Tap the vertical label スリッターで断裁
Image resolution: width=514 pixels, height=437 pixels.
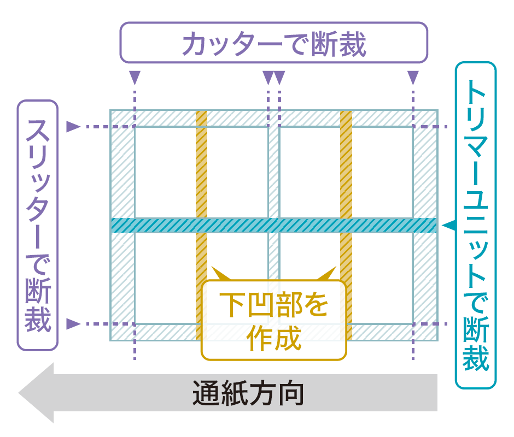[x=38, y=225]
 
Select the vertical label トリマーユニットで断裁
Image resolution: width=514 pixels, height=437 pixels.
[x=475, y=225]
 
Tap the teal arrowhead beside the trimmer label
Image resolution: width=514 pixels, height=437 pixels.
[x=449, y=225]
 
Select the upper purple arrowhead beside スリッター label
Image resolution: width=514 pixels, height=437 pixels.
[x=73, y=127]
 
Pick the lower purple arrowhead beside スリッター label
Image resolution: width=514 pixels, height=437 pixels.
[x=73, y=324]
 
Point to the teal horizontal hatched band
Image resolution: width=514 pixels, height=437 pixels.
[x=273, y=225]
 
